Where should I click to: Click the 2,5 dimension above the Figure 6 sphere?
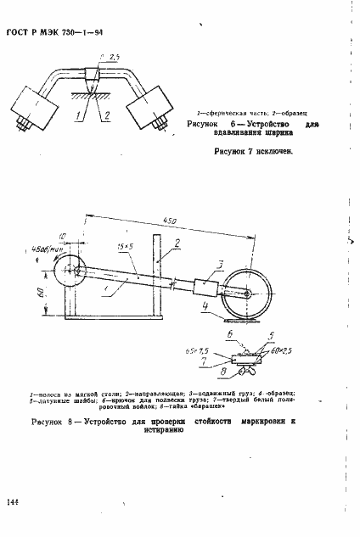tap(105, 56)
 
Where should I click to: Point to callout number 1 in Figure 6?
tap(78, 113)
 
